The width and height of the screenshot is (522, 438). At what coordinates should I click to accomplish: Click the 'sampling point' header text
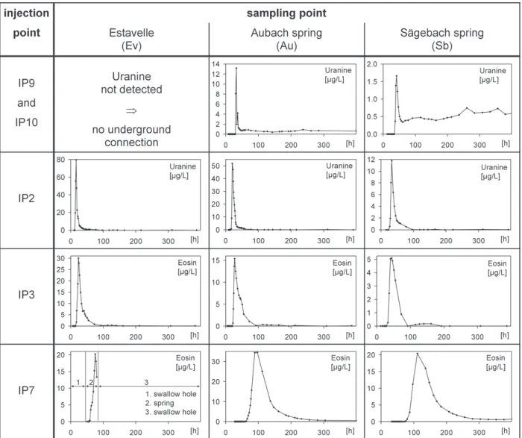286,13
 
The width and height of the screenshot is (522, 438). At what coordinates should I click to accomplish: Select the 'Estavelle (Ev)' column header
131,39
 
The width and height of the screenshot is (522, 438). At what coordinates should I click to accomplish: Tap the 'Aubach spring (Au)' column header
286,39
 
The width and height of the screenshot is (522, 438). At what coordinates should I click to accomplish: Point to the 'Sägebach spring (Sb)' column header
441,39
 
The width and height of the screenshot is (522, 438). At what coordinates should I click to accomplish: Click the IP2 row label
26,198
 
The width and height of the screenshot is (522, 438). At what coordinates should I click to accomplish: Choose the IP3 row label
26,295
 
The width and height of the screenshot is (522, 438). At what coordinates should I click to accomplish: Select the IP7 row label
26,390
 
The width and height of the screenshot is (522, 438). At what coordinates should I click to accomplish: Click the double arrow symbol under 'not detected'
131,110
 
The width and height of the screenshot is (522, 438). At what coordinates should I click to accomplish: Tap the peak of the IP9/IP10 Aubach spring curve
236,68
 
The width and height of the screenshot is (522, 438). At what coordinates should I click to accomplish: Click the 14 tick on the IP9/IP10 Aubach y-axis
216,64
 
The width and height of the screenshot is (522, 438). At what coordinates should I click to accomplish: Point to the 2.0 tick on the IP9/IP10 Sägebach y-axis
372,64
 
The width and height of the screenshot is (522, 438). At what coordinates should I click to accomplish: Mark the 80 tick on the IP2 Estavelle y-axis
60,160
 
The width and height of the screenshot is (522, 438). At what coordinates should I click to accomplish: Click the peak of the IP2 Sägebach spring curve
391,160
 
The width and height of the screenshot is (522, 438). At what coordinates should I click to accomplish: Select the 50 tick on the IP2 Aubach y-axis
216,166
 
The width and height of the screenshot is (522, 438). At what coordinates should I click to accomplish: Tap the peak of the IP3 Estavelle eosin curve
78,258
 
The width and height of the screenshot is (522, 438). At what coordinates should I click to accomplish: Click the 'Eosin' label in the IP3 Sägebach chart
497,263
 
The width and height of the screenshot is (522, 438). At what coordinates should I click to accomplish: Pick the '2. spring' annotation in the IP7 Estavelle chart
160,403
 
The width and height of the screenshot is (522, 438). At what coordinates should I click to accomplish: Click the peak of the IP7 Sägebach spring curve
417,354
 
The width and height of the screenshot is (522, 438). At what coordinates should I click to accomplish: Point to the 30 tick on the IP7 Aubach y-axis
216,362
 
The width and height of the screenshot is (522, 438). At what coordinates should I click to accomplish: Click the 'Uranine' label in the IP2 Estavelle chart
183,166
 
